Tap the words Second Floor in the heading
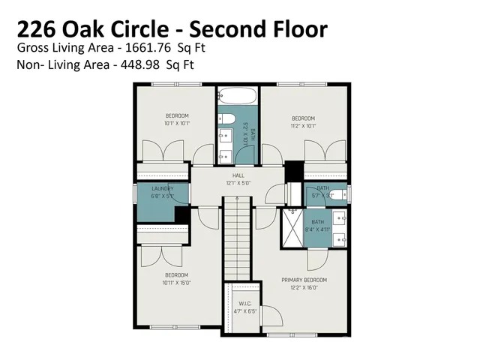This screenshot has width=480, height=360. (x=259, y=29)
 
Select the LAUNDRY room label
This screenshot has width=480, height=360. (x=163, y=188)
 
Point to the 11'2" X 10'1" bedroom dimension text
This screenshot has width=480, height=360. (x=303, y=125)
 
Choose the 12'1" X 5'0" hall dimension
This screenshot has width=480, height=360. (x=238, y=183)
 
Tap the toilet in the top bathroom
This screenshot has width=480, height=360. (x=227, y=120)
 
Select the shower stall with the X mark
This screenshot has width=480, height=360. (x=290, y=229)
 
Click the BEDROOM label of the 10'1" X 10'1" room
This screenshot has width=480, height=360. (x=177, y=115)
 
